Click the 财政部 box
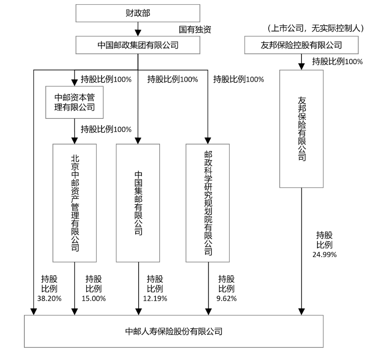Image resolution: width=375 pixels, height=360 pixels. coord(138,13)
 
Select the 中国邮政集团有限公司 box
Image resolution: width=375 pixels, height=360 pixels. coord(138,45)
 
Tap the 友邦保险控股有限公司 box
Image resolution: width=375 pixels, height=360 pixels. coord(302,45)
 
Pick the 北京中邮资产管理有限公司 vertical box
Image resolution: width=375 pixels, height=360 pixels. coord(75,203)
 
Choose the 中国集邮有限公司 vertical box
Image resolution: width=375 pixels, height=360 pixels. coord(138,203)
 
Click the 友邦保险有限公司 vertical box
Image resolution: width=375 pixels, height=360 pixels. coord(302,128)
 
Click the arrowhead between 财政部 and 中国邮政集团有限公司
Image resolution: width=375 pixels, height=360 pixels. coord(138,32)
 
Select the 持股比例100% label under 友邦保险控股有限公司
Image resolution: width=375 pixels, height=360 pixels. coord(337,62)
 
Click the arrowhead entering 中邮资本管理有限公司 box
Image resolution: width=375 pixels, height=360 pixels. coord(75,82)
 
